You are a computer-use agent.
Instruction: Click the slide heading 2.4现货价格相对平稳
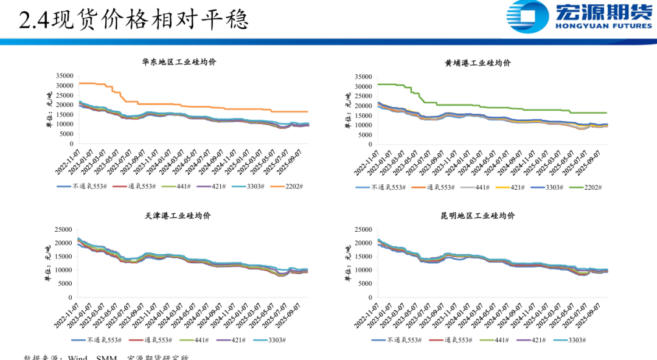[x=134, y=21]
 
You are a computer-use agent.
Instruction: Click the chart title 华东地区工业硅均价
[x=179, y=62]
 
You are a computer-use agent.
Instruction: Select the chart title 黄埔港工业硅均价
[x=478, y=63]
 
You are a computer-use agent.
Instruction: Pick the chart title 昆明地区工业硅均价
[x=478, y=216]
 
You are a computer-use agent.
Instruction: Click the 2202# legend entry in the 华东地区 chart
[x=293, y=186]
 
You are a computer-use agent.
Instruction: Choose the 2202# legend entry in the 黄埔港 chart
[x=591, y=187]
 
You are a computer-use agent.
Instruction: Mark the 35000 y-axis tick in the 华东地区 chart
[x=64, y=75]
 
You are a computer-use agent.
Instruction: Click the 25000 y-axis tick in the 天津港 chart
[x=64, y=229]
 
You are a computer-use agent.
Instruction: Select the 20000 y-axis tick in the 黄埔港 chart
[x=363, y=106]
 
